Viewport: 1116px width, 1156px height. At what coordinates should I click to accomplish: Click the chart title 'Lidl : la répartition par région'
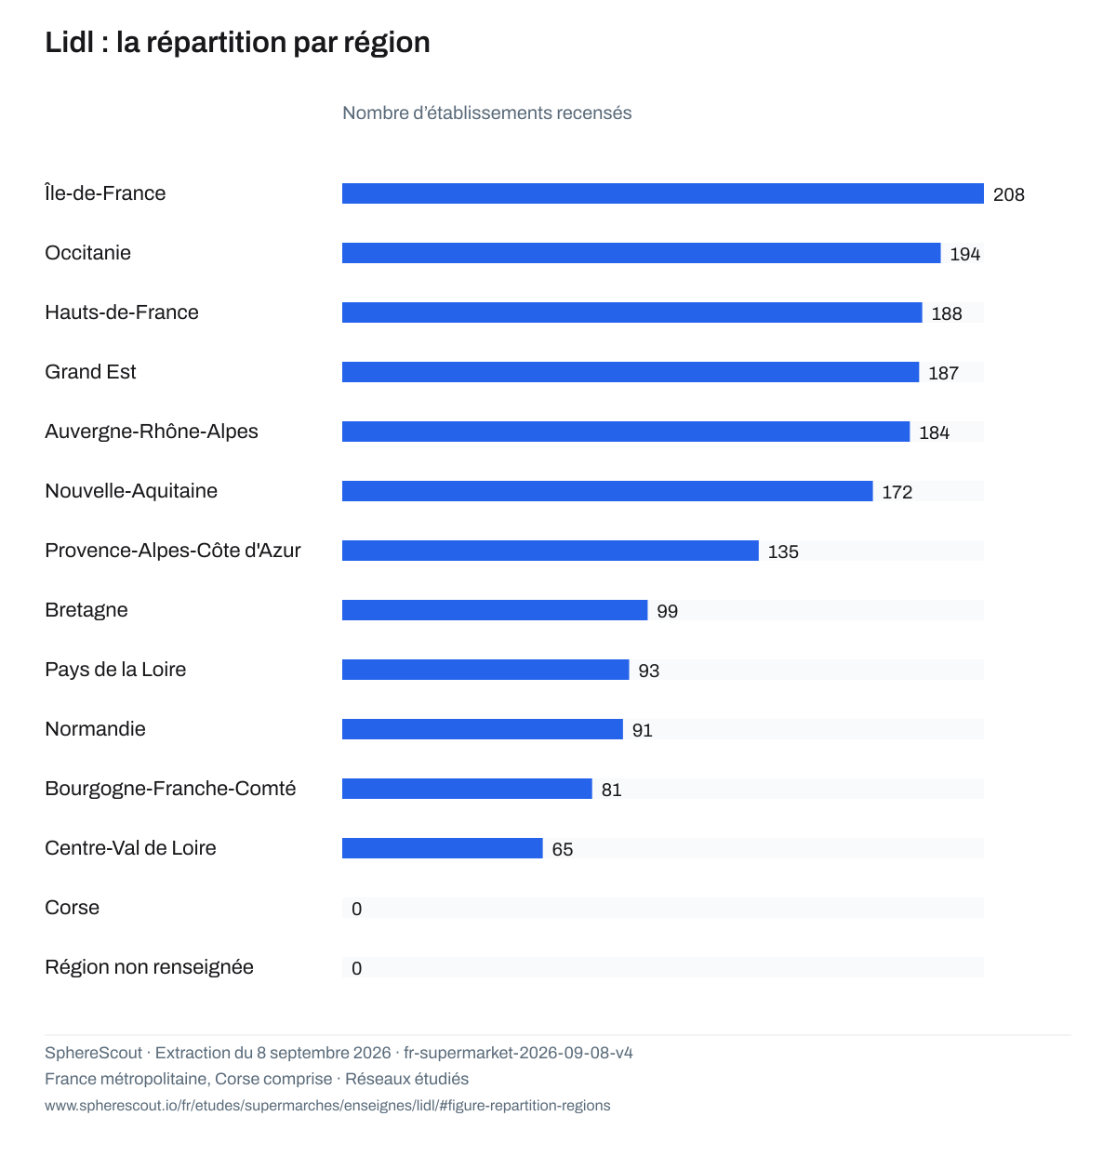[237, 43]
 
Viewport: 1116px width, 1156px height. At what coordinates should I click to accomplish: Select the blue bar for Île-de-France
[662, 193]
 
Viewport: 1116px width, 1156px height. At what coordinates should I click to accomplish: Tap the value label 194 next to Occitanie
[964, 254]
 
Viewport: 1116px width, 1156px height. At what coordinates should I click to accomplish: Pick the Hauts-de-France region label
[122, 312]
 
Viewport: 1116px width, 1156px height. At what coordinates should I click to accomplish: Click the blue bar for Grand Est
[631, 372]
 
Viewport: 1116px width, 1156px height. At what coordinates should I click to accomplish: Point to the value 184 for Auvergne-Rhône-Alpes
[934, 432]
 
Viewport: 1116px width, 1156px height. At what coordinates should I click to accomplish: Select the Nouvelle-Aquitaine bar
[607, 491]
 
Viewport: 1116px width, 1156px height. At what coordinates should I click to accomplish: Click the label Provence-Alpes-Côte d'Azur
[173, 550]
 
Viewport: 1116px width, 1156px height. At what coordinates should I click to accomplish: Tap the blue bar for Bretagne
[494, 609]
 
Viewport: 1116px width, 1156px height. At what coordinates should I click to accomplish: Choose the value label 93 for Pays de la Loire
[648, 671]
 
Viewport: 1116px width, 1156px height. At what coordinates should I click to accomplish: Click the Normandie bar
[483, 729]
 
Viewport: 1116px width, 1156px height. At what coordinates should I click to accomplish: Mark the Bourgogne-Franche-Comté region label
[170, 789]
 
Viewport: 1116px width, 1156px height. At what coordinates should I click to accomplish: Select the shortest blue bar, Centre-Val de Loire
[442, 847]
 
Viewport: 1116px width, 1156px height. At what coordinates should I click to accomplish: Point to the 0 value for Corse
[356, 909]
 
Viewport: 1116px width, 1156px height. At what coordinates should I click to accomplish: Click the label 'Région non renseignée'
[149, 967]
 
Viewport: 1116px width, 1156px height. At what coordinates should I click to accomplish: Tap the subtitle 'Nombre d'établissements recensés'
[486, 113]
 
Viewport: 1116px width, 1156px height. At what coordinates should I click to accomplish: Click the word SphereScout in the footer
[93, 1053]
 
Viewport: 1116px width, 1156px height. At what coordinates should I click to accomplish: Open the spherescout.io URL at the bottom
[327, 1106]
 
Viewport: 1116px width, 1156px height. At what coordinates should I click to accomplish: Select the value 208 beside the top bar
[1008, 194]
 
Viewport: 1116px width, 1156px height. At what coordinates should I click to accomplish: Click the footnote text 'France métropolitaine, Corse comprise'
[188, 1079]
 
